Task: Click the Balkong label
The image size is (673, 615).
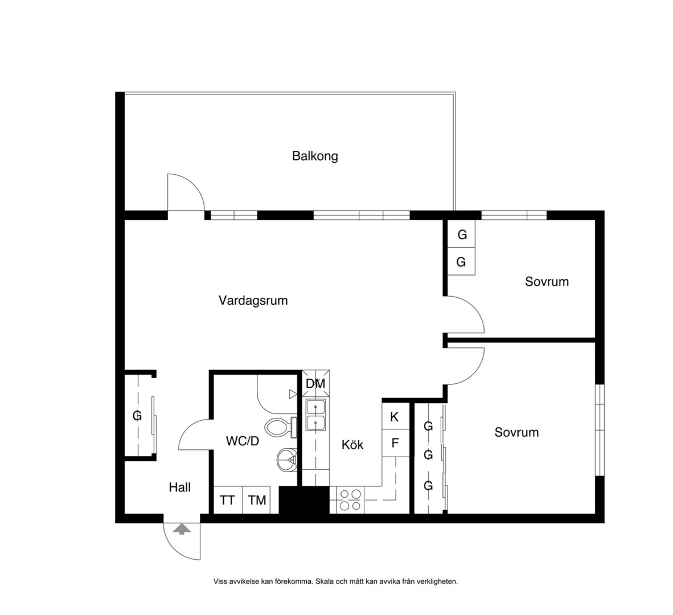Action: pyautogui.click(x=315, y=156)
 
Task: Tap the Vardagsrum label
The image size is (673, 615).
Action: pyautogui.click(x=253, y=301)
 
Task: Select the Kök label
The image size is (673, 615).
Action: pyautogui.click(x=352, y=445)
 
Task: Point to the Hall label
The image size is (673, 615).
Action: pyautogui.click(x=179, y=487)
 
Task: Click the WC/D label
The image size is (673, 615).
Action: pyautogui.click(x=243, y=441)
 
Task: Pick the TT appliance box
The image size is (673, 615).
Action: pyautogui.click(x=228, y=500)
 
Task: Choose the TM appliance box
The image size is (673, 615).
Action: pyautogui.click(x=257, y=500)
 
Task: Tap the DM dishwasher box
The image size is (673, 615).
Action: pyautogui.click(x=315, y=384)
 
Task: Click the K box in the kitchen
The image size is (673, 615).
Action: pyautogui.click(x=395, y=417)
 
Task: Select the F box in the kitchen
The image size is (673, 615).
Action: pyautogui.click(x=395, y=444)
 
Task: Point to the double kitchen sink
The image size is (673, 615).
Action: pyautogui.click(x=315, y=415)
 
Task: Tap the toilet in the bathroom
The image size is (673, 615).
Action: pyautogui.click(x=281, y=428)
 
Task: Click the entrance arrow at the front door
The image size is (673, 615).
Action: pyautogui.click(x=182, y=529)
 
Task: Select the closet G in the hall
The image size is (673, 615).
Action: pyautogui.click(x=137, y=416)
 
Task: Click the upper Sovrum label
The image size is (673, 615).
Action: pyautogui.click(x=547, y=281)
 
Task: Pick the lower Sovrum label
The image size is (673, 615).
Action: pyautogui.click(x=516, y=432)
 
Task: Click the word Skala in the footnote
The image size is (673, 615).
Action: pyautogui.click(x=323, y=582)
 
